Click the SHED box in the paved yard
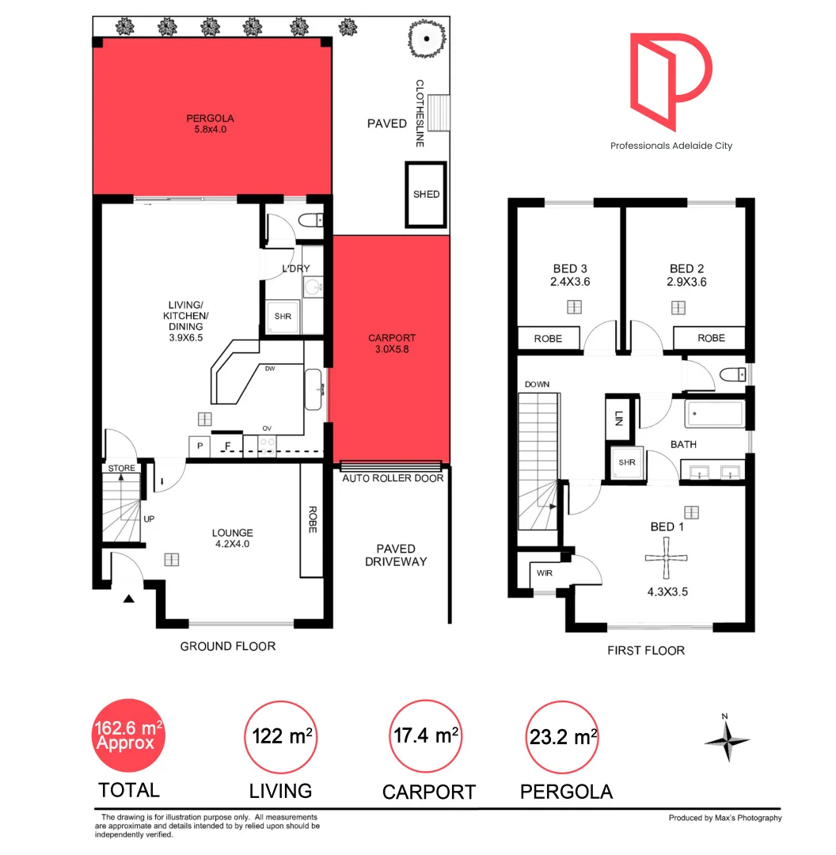click(426, 195)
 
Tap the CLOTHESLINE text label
click(420, 112)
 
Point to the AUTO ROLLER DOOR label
click(393, 478)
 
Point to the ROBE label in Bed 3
click(548, 338)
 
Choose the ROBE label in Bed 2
click(711, 338)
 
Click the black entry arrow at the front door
click(128, 599)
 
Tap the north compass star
click(727, 740)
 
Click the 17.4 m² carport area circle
click(427, 736)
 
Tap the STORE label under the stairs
click(121, 468)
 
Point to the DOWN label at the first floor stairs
click(536, 385)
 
